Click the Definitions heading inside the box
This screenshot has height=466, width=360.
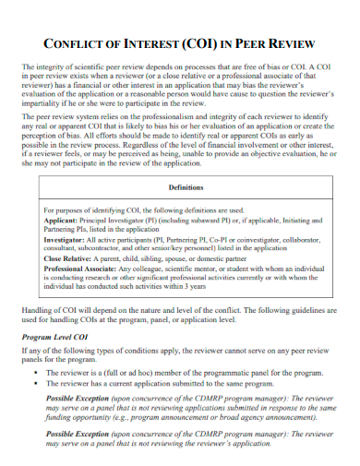(x=180, y=186)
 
